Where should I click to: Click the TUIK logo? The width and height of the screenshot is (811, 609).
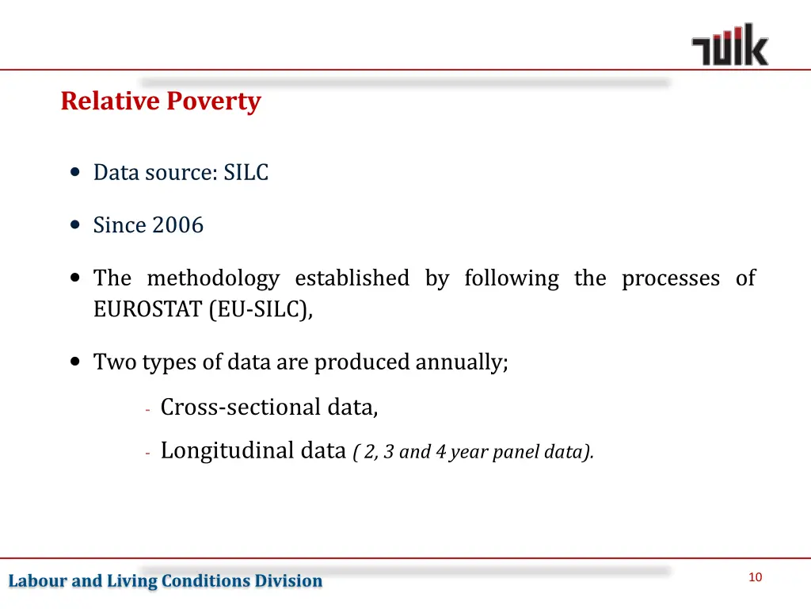[x=729, y=45]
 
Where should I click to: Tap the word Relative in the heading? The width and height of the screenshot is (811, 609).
[x=110, y=101]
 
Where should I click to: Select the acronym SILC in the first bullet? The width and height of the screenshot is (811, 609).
[x=246, y=172]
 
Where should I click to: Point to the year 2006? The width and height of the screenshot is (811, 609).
[x=177, y=225]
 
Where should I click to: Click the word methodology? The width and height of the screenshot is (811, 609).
[x=213, y=278]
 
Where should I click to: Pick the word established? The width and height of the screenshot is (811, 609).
[x=352, y=278]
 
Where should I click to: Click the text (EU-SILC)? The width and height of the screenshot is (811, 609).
[x=261, y=309]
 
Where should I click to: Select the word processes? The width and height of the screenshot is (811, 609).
[x=670, y=278]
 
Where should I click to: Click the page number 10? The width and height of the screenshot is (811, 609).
[x=755, y=577]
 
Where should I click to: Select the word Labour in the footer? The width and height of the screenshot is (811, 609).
[x=38, y=581]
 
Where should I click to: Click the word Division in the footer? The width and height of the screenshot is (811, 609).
[x=288, y=581]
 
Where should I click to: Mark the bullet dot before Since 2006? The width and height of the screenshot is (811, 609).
[x=75, y=225]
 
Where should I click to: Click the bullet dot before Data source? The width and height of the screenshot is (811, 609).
[x=75, y=172]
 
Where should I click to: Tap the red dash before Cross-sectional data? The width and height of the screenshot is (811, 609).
[x=148, y=409]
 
